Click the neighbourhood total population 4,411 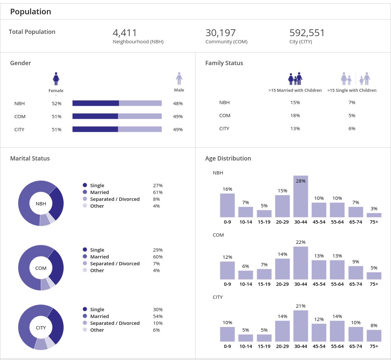coord(125,33)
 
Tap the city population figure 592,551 coord(307,33)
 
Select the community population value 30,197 coord(220,33)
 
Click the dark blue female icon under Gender coord(56,79)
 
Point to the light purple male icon coord(179,78)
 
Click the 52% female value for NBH coord(56,104)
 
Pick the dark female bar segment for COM coord(95,116)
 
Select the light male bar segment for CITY coord(140,129)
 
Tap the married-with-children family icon coord(295,79)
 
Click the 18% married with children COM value coord(295,116)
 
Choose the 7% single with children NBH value coord(352,103)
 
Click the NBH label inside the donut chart coord(41,204)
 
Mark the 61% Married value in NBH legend coord(158,192)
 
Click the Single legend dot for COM coord(85,250)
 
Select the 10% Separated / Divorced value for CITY coord(158,323)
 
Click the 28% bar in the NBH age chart coord(300,197)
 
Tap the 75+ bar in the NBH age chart coord(374,215)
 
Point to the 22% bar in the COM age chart coord(300,263)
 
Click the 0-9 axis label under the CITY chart coord(227,346)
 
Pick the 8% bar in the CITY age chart coord(374,336)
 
